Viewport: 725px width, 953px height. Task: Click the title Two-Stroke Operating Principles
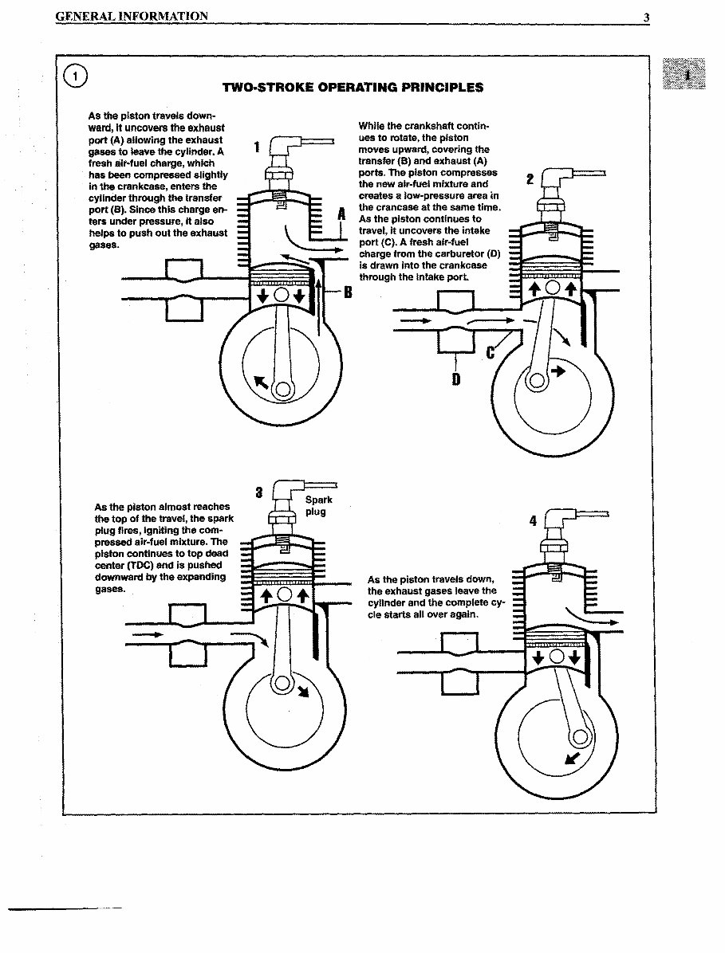pos(352,87)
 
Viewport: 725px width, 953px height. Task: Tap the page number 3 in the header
pos(646,16)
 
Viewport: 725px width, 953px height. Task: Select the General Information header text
pos(132,16)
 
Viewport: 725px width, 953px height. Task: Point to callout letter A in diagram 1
pos(341,214)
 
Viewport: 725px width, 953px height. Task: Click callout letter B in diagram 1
pos(347,292)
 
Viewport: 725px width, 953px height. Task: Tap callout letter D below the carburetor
pos(455,378)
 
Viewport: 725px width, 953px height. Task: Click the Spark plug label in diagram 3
pos(317,505)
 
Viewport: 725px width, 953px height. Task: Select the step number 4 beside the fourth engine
pos(533,521)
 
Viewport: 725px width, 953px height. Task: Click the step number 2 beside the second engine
pos(530,178)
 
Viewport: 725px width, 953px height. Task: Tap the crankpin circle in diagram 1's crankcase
pos(281,389)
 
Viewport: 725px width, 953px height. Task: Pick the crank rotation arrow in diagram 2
pos(557,371)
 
